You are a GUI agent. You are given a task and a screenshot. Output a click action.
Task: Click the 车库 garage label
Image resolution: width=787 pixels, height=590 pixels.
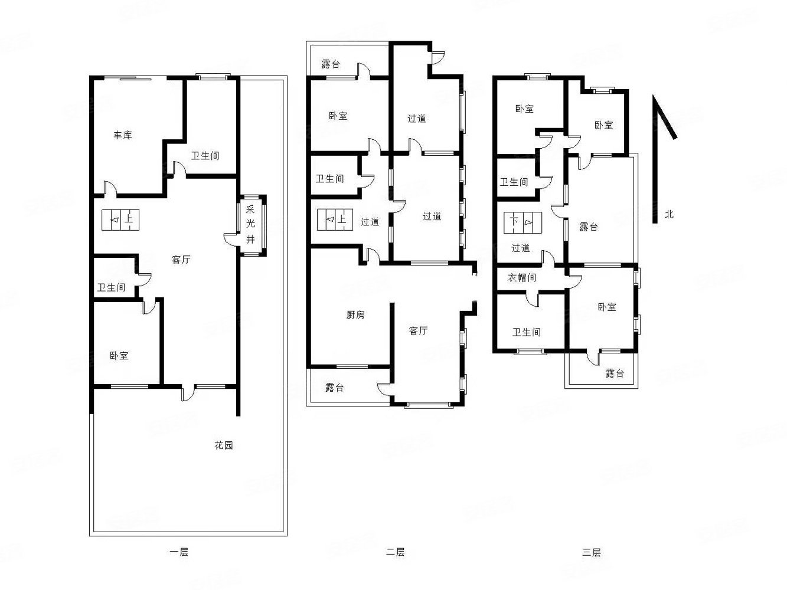(x=123, y=135)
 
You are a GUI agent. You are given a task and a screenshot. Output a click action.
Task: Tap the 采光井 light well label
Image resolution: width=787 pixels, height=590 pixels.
(x=250, y=224)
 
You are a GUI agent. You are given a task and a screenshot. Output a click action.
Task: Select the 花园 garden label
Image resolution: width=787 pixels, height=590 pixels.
(x=224, y=445)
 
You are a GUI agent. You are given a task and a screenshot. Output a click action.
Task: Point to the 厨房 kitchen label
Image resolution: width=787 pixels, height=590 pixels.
(x=355, y=315)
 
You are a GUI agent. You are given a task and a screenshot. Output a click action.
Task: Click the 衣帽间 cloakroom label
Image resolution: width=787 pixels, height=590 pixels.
(x=522, y=278)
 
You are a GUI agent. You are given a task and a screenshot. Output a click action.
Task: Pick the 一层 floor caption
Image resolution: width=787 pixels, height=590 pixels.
(x=179, y=552)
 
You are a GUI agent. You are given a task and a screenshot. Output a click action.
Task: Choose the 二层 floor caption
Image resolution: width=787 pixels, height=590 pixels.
(x=395, y=552)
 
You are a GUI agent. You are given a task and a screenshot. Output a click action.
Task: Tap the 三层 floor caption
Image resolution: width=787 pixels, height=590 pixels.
(x=591, y=552)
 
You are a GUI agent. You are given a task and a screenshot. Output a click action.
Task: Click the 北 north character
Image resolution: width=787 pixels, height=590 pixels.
(x=669, y=214)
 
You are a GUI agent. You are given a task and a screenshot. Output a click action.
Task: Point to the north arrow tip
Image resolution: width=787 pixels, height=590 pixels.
(x=654, y=96)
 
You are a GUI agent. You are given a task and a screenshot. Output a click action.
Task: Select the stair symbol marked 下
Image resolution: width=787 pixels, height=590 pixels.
(x=523, y=223)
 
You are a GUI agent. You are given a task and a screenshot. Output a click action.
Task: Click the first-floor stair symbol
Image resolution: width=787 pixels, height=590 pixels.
(x=120, y=219)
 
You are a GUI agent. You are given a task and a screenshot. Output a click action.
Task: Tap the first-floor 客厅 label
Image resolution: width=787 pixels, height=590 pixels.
(x=181, y=260)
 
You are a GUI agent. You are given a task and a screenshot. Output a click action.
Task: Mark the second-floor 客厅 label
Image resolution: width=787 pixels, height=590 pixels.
(x=418, y=330)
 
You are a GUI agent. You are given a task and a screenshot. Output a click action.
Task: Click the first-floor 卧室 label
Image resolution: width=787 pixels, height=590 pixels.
(x=119, y=356)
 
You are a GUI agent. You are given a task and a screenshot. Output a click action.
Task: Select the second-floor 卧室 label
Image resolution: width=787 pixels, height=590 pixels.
(x=338, y=116)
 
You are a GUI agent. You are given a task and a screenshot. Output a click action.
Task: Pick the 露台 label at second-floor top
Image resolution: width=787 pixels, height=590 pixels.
(x=331, y=64)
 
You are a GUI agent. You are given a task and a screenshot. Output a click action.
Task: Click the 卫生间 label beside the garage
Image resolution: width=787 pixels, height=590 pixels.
(x=205, y=156)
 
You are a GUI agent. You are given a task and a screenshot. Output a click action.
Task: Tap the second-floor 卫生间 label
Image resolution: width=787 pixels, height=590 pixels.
(x=329, y=178)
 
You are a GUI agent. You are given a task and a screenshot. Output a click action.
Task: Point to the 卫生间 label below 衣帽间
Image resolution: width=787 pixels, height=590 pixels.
(x=527, y=332)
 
